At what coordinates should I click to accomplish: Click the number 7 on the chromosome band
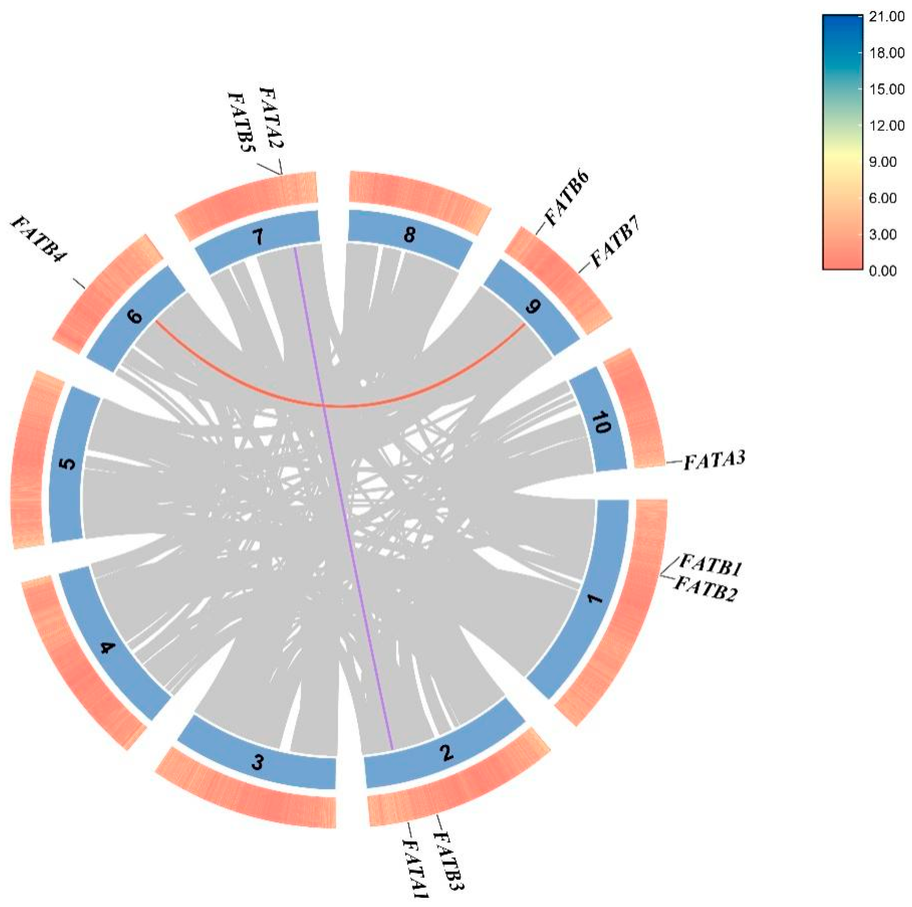point(258,239)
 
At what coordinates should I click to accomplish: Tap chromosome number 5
point(69,464)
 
